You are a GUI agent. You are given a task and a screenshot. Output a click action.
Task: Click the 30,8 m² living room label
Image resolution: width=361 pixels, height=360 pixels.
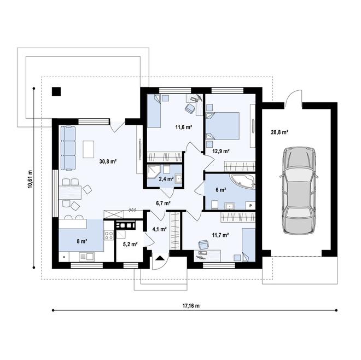108,161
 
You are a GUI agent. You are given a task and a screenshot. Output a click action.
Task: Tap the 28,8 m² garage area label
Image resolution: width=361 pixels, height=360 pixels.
279,132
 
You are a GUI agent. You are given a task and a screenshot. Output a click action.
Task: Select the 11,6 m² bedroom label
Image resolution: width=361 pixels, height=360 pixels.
183,127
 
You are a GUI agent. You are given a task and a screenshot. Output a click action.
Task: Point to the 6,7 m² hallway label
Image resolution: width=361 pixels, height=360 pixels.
163,203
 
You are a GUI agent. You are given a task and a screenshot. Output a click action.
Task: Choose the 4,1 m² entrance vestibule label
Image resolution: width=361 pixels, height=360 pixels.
159,229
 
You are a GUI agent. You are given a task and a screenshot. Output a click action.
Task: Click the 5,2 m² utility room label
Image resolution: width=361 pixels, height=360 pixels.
130,244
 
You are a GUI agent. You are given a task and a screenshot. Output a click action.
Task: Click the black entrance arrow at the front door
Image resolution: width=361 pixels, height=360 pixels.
159,258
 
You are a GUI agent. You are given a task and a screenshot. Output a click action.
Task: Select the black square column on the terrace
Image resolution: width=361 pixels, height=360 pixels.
56,92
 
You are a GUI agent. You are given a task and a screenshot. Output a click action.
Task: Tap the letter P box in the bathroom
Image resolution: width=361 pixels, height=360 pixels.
250,205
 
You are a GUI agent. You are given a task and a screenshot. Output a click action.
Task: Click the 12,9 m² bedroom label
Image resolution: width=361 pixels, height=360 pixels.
221,150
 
